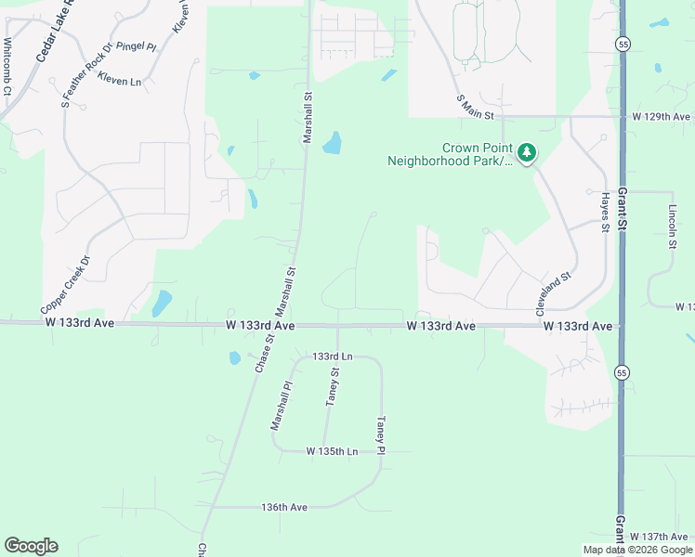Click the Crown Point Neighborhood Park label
[451, 154]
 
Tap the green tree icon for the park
[527, 151]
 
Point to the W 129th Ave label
[662, 117]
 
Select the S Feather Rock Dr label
[86, 75]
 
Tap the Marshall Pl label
[282, 406]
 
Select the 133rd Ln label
[333, 356]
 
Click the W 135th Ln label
[332, 451]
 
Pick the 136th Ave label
[284, 507]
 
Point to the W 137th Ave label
[660, 538]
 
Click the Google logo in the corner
[31, 546]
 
